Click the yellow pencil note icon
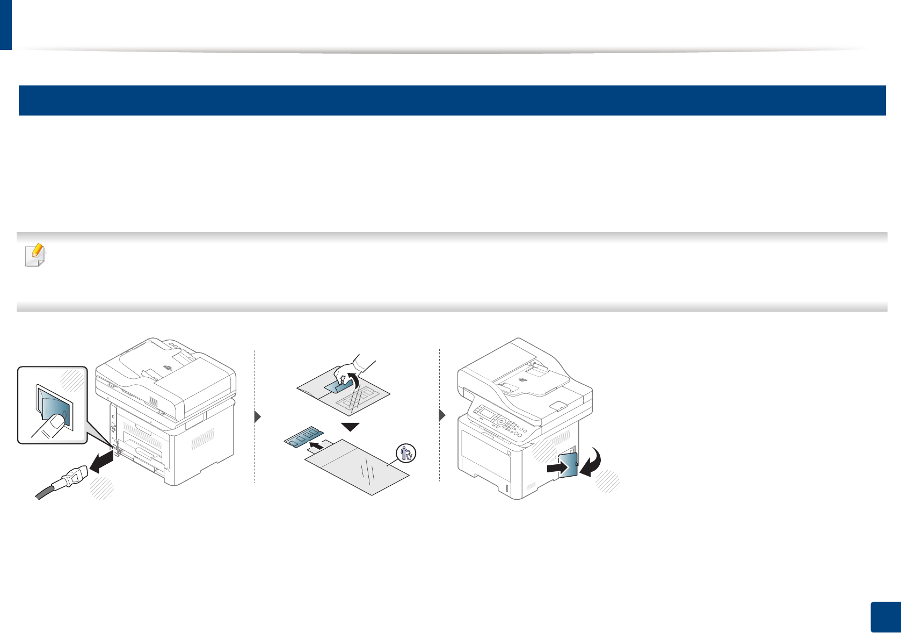coord(35,255)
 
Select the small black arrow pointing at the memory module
coord(318,445)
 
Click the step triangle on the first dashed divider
coord(258,416)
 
